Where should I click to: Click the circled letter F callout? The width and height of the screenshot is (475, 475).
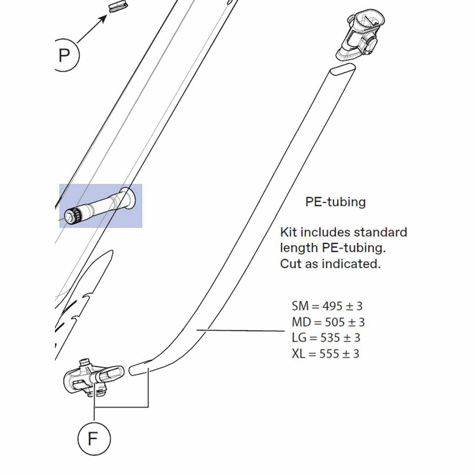(x=94, y=438)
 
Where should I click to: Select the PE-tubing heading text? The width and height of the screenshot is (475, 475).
(x=336, y=202)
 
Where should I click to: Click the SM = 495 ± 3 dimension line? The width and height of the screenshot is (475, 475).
(x=327, y=306)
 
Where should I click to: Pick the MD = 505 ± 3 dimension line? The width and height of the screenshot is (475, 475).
(x=328, y=322)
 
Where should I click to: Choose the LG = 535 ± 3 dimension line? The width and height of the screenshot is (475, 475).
(x=326, y=338)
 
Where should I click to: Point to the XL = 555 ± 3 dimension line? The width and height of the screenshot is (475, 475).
(x=325, y=354)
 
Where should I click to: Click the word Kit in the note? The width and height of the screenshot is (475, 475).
(x=289, y=232)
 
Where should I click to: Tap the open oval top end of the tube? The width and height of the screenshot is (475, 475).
(x=342, y=69)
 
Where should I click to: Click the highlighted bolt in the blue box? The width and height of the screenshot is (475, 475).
(x=101, y=205)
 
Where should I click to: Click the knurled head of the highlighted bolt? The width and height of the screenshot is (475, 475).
(x=72, y=215)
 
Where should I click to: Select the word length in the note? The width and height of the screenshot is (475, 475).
(x=299, y=248)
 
